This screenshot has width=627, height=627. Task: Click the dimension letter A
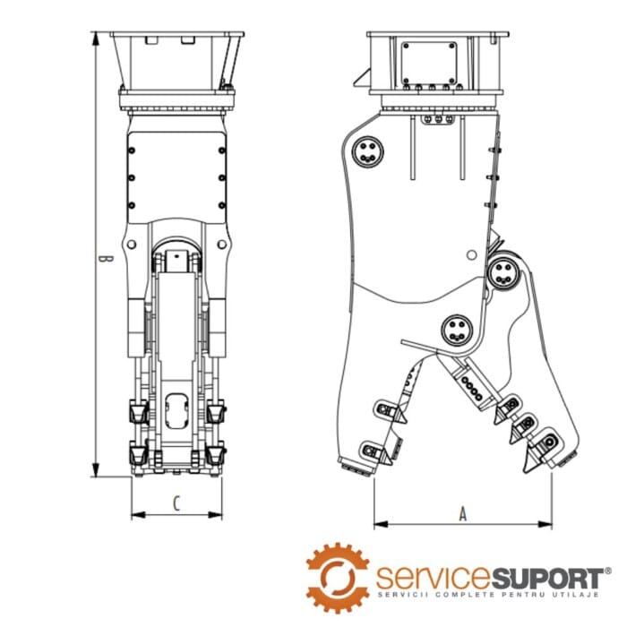coord(462,514)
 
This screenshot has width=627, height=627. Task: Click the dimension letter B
coord(105,258)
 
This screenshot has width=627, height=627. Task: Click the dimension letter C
coord(176,503)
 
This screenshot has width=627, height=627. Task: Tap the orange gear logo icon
coord(338,577)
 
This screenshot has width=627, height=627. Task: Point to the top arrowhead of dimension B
coord(96,37)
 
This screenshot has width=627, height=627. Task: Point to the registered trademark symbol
coord(608,569)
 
